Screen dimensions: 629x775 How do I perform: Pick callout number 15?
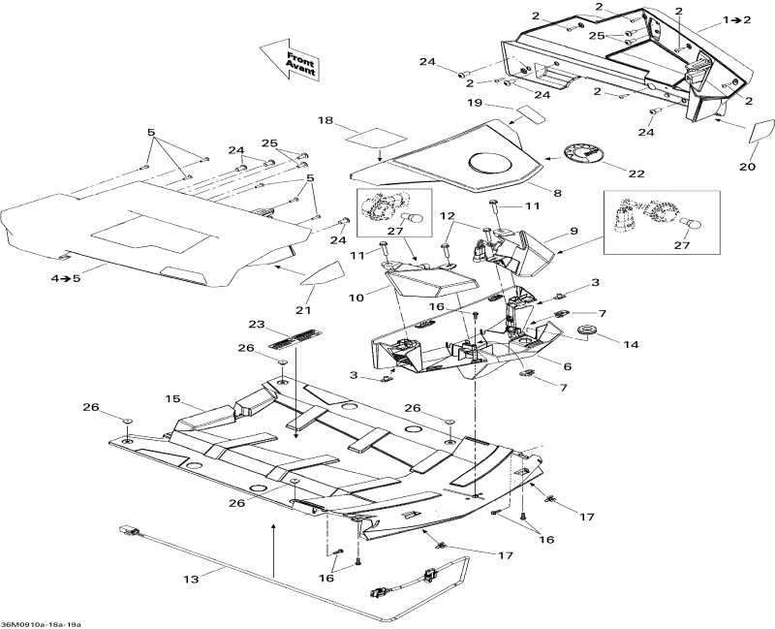[173, 398]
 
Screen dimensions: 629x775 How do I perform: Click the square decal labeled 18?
[377, 137]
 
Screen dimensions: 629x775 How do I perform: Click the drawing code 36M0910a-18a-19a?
[43, 623]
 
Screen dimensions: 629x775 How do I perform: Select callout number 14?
[631, 343]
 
